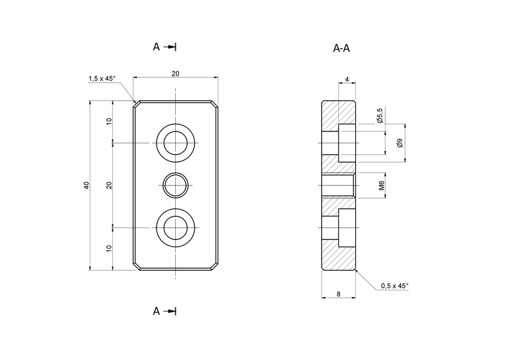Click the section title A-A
point(341,48)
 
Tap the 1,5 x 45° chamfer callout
point(102,79)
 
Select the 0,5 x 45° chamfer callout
point(394,286)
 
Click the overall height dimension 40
point(86,185)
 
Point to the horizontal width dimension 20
point(175,73)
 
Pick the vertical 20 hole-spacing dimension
point(109,185)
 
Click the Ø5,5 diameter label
point(380,115)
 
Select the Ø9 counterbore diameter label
point(400,143)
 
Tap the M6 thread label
point(381,185)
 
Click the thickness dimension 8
point(339,294)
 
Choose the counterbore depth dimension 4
point(347,80)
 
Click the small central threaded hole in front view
point(175,185)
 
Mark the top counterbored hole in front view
point(175,143)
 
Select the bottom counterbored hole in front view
point(175,228)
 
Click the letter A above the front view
point(156,47)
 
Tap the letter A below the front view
point(156,311)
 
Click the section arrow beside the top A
point(170,47)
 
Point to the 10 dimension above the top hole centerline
point(109,121)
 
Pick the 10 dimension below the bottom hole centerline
point(109,248)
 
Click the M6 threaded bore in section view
point(339,185)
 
